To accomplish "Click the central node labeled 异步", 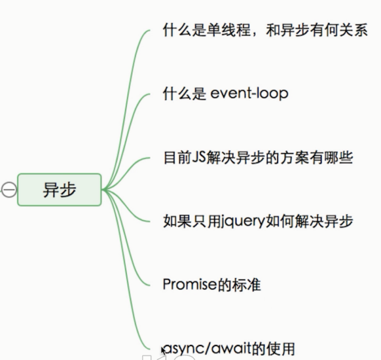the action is point(60,190).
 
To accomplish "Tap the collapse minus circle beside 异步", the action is point(9,190).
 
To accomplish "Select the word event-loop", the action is point(249,94).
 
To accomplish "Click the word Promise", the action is point(190,284).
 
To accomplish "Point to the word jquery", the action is point(243,222).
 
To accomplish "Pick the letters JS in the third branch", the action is point(199,157).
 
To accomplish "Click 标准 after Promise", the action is point(246,285).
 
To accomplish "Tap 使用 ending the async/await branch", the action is point(281,349).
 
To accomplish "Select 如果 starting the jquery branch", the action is point(177,221).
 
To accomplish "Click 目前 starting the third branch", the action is point(177,158).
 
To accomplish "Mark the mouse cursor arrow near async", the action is point(163,351).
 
